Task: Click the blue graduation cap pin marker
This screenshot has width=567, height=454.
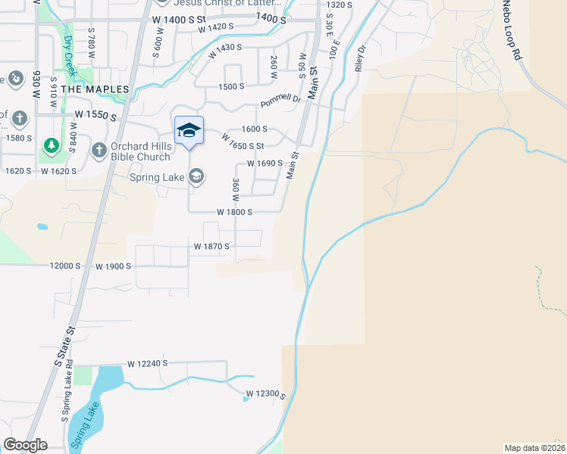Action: click(189, 131)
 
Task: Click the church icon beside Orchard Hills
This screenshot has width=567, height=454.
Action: click(99, 150)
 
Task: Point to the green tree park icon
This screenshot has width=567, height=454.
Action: click(52, 145)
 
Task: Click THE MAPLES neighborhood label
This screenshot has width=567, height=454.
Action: click(96, 89)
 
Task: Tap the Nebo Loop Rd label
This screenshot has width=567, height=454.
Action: click(513, 30)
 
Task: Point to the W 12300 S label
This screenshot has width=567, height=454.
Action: click(265, 394)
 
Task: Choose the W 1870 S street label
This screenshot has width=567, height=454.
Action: click(211, 247)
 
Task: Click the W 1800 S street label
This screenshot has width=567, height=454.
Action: click(234, 213)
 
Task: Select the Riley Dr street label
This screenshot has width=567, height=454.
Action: click(360, 58)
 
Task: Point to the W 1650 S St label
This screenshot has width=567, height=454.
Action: click(243, 141)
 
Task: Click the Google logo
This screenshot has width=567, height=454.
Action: click(25, 445)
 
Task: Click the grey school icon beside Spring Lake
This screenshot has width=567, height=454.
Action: click(196, 177)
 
